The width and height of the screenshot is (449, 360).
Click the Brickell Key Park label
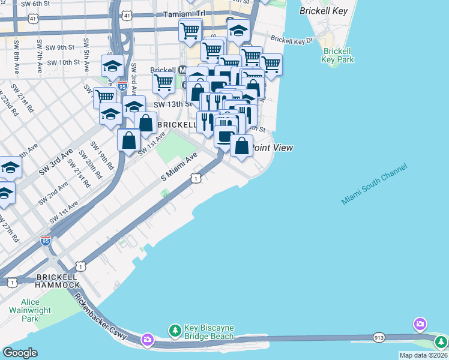(337, 56)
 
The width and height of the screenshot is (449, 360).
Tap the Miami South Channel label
(374, 184)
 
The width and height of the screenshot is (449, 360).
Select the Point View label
(271, 148)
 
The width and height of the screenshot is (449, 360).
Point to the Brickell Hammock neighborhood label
(58, 280)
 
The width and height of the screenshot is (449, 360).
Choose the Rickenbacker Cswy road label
(101, 316)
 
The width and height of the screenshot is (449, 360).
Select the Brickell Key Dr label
(292, 40)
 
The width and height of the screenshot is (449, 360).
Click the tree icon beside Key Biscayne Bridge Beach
(175, 331)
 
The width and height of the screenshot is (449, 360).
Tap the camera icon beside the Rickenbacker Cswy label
(147, 340)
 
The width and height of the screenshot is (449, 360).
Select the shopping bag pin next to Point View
(241, 146)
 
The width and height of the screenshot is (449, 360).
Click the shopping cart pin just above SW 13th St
(163, 84)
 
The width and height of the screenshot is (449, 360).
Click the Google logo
(20, 353)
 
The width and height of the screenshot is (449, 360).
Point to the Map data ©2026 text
(423, 355)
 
